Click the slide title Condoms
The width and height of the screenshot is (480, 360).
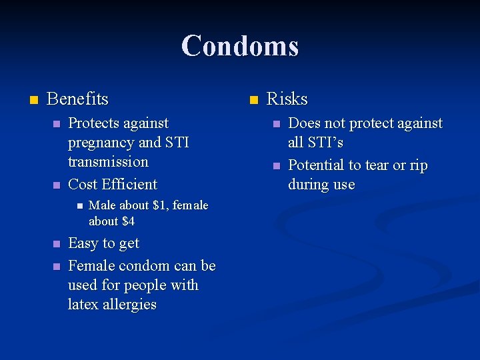click(x=240, y=46)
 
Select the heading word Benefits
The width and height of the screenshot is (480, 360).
click(x=77, y=99)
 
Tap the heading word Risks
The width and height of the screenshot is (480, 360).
click(x=287, y=99)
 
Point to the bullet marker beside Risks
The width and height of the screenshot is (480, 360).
click(x=253, y=100)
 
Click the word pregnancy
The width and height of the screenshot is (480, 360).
click(x=101, y=143)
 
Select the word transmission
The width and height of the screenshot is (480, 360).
click(x=108, y=162)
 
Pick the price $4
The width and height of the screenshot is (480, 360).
click(x=126, y=221)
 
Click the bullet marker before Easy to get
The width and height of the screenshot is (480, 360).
click(x=57, y=244)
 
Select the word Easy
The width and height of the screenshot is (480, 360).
click(x=84, y=244)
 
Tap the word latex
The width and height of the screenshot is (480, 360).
click(x=83, y=305)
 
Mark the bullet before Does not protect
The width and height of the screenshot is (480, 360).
click(x=276, y=124)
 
